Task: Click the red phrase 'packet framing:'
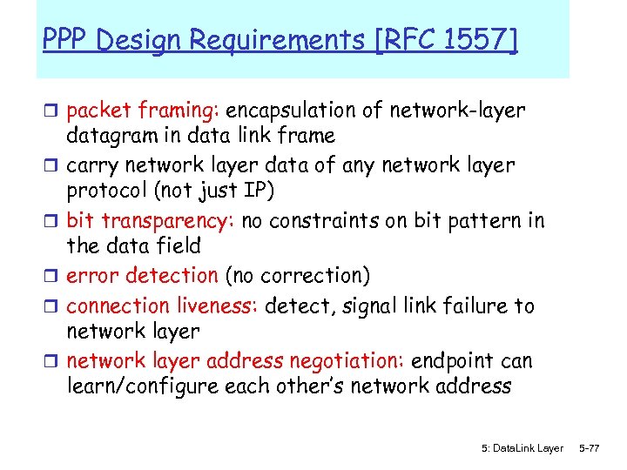point(145,111)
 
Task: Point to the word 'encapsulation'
point(300,111)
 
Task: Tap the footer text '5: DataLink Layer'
point(522,447)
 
